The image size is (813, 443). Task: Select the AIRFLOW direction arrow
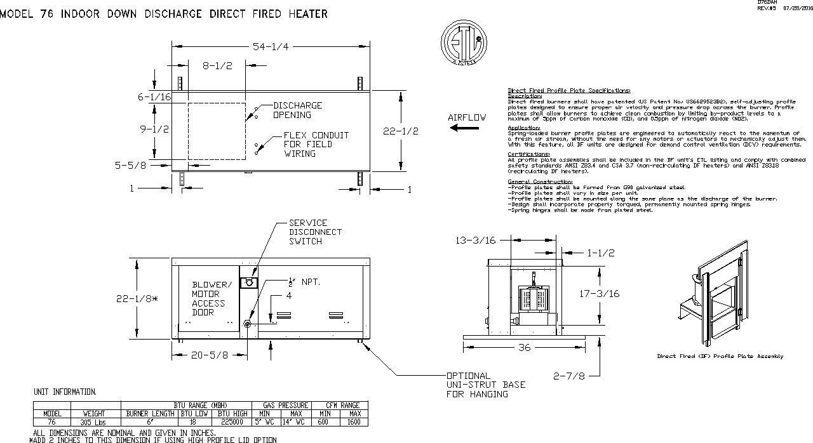(464, 128)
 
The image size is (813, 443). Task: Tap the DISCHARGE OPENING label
(297, 110)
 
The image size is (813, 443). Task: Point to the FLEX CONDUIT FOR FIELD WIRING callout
(316, 144)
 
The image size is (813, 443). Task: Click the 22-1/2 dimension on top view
(401, 131)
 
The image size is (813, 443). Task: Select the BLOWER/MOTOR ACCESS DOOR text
(212, 298)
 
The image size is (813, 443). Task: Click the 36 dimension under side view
(524, 348)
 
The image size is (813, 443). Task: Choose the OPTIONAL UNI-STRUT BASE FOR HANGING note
(477, 385)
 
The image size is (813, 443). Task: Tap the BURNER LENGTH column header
(150, 413)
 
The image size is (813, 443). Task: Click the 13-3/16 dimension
(476, 240)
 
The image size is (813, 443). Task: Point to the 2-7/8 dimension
(568, 376)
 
